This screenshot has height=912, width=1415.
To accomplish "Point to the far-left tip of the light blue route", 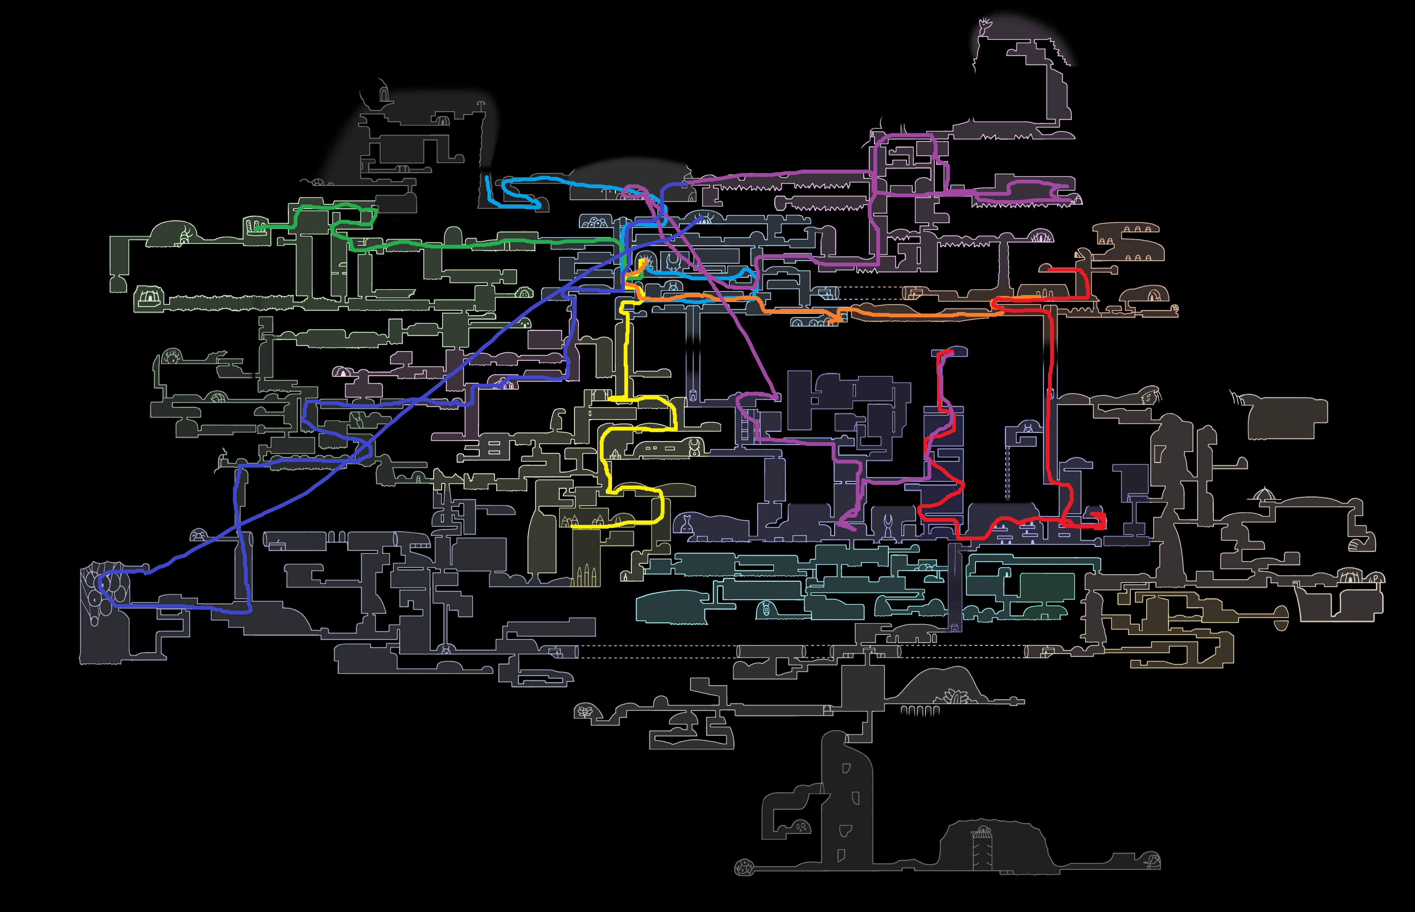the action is point(486,177).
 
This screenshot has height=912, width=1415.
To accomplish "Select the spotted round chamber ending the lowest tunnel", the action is point(742,869).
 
